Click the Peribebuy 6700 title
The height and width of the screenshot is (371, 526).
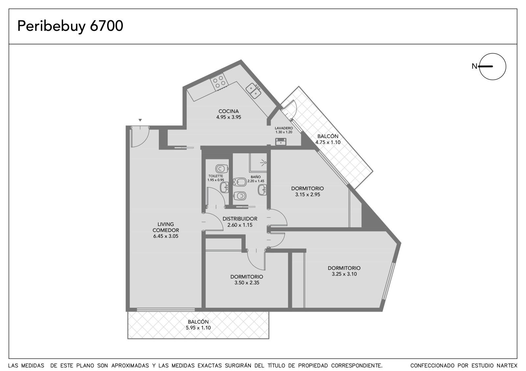point(70,26)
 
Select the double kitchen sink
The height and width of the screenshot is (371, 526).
point(253,91)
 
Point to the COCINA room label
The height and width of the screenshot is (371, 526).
point(228,111)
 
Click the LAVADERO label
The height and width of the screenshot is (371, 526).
point(284,128)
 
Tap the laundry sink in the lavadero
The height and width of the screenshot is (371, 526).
point(281,142)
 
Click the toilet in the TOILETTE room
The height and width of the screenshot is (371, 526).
point(222,169)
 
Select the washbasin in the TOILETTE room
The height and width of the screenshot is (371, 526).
point(224,188)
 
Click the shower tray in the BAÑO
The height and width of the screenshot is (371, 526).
point(258,162)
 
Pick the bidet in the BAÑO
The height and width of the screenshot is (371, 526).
point(240,182)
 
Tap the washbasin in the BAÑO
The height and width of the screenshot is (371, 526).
point(262,190)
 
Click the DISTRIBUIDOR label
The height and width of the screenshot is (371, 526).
point(240,219)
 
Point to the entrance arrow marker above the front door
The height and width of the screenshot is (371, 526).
point(140,120)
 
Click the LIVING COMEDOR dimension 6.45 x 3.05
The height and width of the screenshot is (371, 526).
point(166,236)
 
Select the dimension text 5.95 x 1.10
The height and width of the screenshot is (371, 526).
point(198,328)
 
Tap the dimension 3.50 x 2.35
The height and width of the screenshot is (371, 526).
point(247,283)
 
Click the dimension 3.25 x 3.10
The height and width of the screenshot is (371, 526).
point(344,274)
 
